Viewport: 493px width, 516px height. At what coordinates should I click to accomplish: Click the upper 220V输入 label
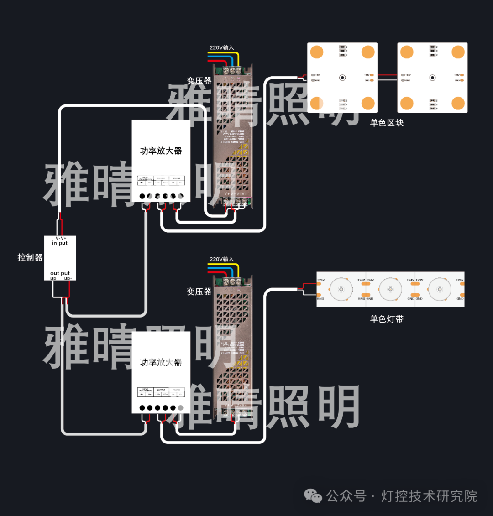pyautogui.click(x=221, y=47)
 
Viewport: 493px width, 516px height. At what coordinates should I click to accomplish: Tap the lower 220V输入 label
pyautogui.click(x=221, y=259)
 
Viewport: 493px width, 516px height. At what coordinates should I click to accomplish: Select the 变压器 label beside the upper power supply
pyautogui.click(x=199, y=81)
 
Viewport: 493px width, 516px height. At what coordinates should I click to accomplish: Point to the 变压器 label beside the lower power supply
pyautogui.click(x=199, y=292)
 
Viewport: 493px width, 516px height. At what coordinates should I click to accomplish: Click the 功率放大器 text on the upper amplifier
pyautogui.click(x=161, y=151)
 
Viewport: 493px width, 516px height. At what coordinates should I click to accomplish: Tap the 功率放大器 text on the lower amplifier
pyautogui.click(x=161, y=362)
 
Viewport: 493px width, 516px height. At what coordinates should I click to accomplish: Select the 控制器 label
pyautogui.click(x=30, y=257)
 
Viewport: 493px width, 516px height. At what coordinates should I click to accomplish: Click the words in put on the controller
pyautogui.click(x=60, y=243)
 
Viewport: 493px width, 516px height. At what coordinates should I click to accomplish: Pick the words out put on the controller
pyautogui.click(x=60, y=273)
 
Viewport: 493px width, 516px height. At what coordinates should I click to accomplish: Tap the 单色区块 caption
pyautogui.click(x=387, y=123)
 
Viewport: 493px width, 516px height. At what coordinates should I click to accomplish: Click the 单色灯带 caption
pyautogui.click(x=387, y=319)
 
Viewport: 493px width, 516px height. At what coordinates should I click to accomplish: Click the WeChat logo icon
pyautogui.click(x=313, y=496)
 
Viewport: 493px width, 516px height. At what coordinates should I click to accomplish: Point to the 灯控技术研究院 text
pyautogui.click(x=429, y=496)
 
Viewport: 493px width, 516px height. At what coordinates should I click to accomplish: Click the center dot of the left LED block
pyautogui.click(x=342, y=78)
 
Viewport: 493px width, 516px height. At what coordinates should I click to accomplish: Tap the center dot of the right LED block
pyautogui.click(x=432, y=78)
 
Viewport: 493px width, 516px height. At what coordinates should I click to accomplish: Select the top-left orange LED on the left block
pyautogui.click(x=317, y=52)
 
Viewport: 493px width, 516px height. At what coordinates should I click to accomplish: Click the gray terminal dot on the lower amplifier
pyautogui.click(x=180, y=408)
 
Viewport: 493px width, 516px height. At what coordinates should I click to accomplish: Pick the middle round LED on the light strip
pyautogui.click(x=390, y=289)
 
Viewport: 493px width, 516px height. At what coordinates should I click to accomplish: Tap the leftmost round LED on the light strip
pyautogui.click(x=341, y=289)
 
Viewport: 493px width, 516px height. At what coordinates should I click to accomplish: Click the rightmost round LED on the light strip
pyautogui.click(x=440, y=289)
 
